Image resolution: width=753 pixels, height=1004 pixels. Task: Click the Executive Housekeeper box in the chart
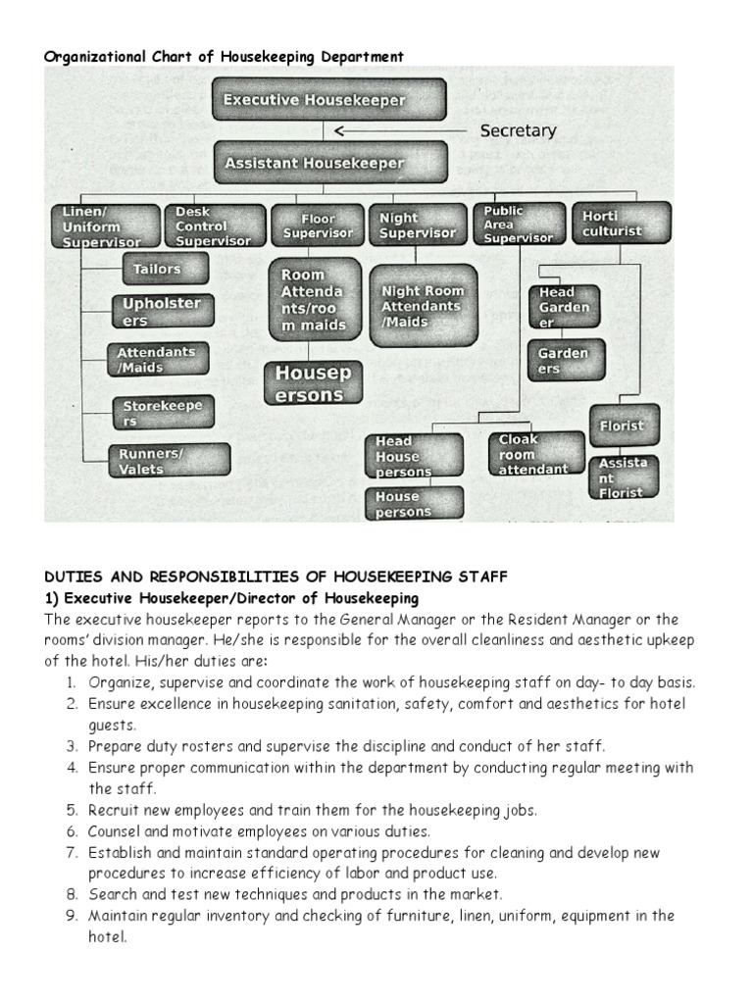328,100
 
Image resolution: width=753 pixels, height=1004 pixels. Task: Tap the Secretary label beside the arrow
518,130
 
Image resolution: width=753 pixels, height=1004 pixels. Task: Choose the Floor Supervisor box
318,226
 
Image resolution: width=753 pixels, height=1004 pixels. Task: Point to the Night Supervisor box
418,226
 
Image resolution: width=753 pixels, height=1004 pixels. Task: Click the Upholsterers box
161,312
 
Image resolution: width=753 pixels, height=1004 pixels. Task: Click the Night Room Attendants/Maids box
423,305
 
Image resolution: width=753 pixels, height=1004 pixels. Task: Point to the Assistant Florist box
624,477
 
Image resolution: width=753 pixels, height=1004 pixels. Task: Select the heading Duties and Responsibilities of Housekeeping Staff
276,577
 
